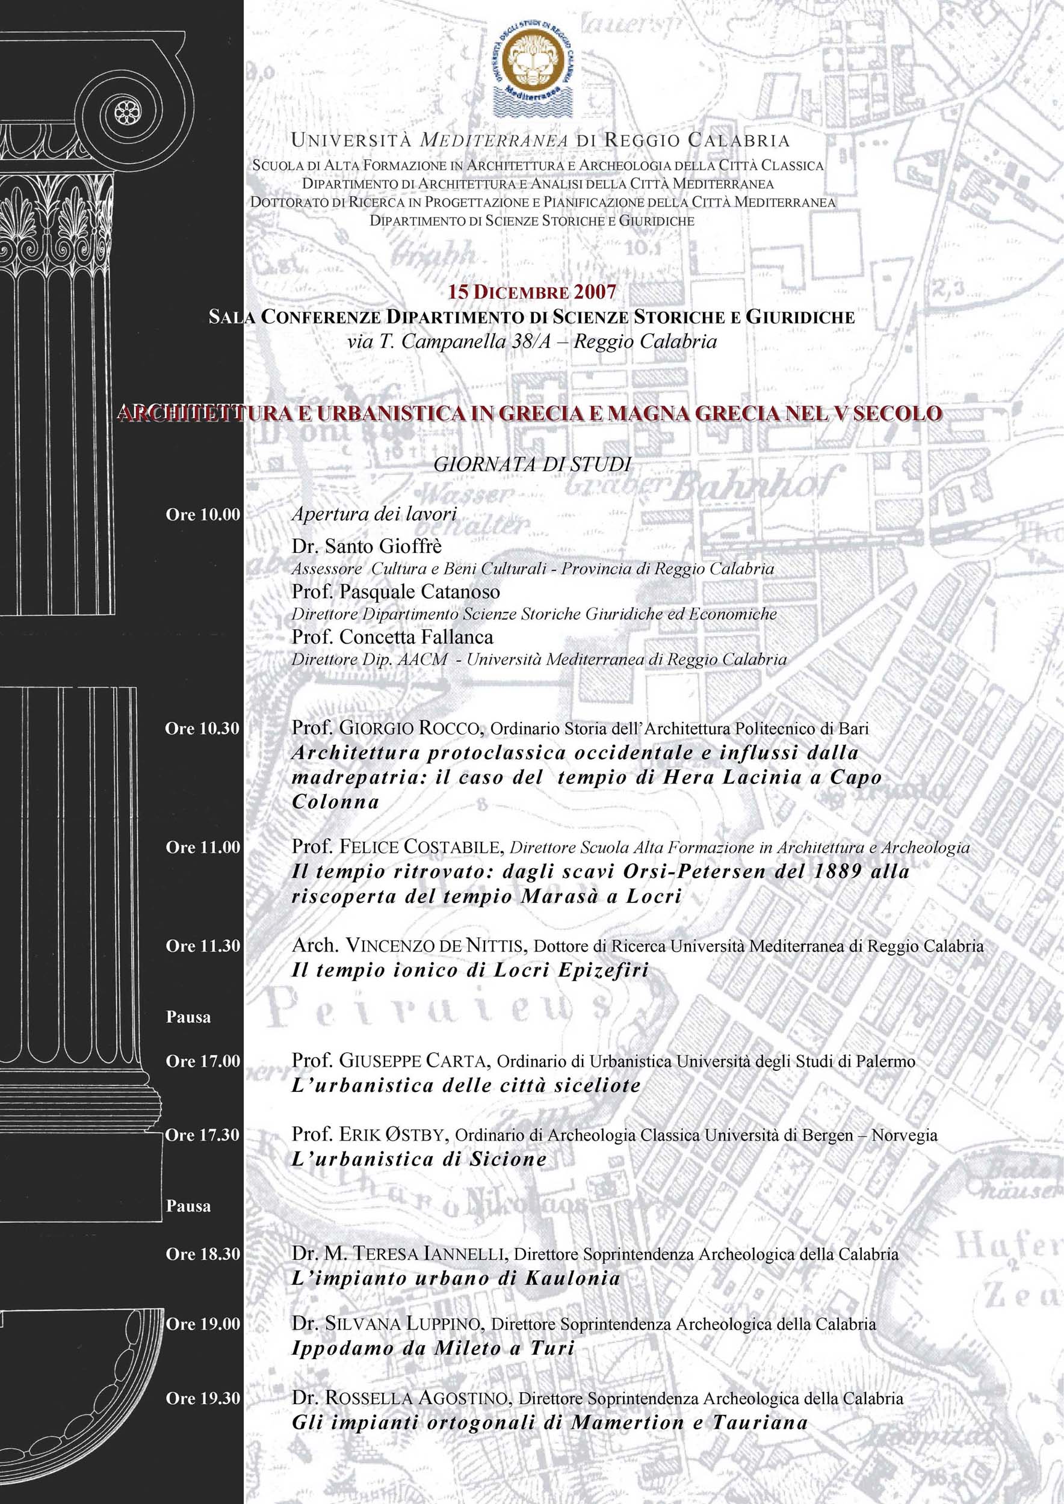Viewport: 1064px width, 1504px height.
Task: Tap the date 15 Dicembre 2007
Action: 531,292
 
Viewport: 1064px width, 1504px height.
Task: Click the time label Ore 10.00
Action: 203,515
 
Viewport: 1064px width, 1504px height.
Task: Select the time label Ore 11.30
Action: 203,946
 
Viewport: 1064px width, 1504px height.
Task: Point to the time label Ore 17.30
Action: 203,1135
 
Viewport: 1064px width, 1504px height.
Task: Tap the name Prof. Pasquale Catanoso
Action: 396,592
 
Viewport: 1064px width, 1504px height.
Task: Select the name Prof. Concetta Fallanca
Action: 392,637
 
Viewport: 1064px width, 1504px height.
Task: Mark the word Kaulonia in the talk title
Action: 572,1278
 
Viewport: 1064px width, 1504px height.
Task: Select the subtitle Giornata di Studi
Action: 532,464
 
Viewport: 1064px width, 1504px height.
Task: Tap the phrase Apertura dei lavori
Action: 374,514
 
